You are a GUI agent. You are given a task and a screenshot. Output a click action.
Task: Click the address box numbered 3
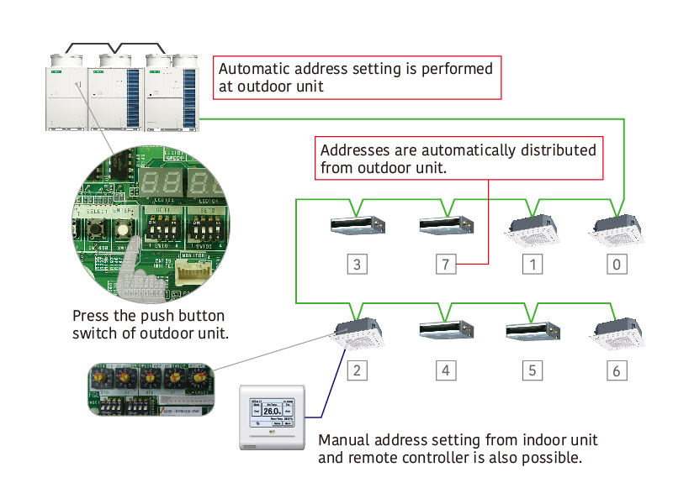(358, 265)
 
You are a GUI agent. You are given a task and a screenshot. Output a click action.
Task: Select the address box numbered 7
(446, 265)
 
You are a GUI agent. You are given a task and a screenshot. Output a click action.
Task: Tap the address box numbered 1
(532, 265)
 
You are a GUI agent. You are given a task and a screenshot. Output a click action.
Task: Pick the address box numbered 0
(617, 265)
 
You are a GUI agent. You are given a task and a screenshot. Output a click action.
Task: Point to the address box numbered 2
(358, 370)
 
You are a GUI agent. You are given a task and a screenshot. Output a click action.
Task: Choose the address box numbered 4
(446, 370)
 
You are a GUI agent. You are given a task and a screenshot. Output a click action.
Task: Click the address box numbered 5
(532, 370)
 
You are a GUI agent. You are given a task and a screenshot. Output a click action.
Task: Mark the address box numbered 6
(617, 370)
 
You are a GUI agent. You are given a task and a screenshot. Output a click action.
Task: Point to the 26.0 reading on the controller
(272, 411)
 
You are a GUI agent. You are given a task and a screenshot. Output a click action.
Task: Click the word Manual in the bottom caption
(342, 440)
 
